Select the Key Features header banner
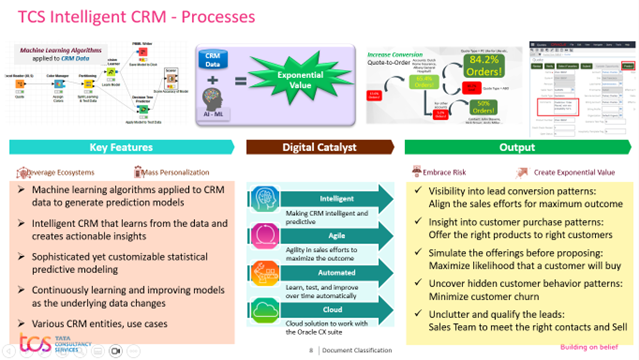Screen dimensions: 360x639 [121, 146]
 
